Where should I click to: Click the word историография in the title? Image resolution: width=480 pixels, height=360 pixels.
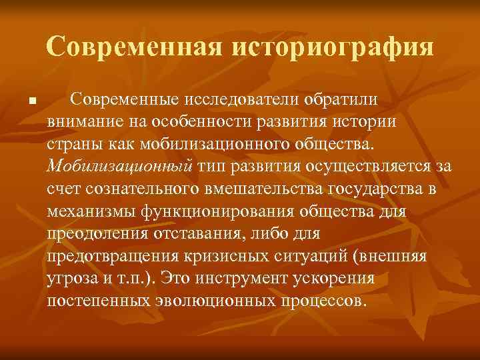[x=333, y=47]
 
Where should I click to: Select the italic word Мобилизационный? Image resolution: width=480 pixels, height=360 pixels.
[x=120, y=166]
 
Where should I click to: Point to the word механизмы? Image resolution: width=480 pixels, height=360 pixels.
[x=92, y=211]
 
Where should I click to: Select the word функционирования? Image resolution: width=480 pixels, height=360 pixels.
[x=222, y=211]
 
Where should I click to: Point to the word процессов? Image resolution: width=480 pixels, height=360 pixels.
[x=323, y=300]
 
